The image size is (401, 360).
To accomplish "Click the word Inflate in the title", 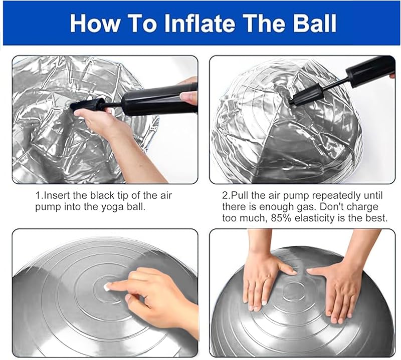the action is (199, 23).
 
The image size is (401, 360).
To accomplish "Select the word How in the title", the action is (94, 23).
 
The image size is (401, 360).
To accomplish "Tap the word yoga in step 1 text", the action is (113, 207).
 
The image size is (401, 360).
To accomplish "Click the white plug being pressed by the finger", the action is (106, 287).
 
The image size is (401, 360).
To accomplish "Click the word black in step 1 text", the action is (102, 196).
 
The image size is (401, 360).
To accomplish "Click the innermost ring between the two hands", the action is (294, 292).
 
